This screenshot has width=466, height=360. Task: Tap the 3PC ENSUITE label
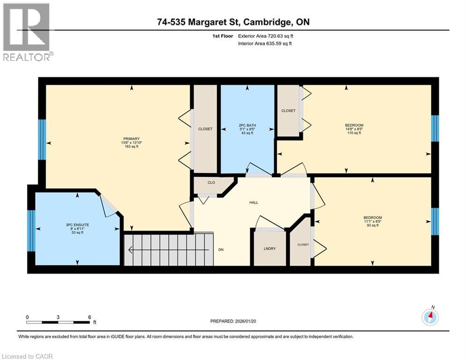click(x=78, y=225)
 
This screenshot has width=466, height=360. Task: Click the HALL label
click(x=253, y=202)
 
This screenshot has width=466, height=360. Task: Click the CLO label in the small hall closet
click(x=211, y=182)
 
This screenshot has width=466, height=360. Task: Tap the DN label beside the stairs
click(x=221, y=249)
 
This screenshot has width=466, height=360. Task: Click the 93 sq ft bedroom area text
click(x=372, y=225)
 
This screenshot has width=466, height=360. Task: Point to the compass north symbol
click(x=429, y=317)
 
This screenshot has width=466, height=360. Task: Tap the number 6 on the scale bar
click(x=89, y=317)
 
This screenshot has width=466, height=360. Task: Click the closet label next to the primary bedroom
click(x=205, y=129)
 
